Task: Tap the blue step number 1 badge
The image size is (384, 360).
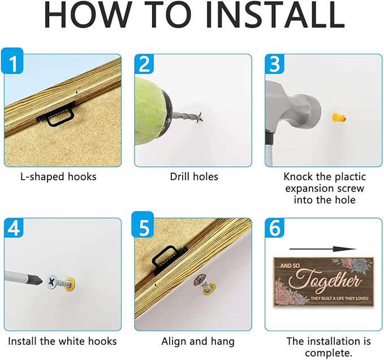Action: (12, 60)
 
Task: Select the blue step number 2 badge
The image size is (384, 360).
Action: (144, 63)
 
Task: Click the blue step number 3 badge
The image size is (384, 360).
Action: (275, 63)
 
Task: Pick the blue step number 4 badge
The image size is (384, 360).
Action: (14, 228)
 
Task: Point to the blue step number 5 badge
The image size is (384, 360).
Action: (143, 225)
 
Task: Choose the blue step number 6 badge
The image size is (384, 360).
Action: (275, 228)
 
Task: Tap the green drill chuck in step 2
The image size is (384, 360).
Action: (151, 111)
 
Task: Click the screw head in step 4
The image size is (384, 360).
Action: (53, 283)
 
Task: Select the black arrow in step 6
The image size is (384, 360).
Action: (323, 249)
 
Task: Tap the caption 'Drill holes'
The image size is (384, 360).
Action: (194, 177)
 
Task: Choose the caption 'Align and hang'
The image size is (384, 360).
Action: (198, 342)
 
